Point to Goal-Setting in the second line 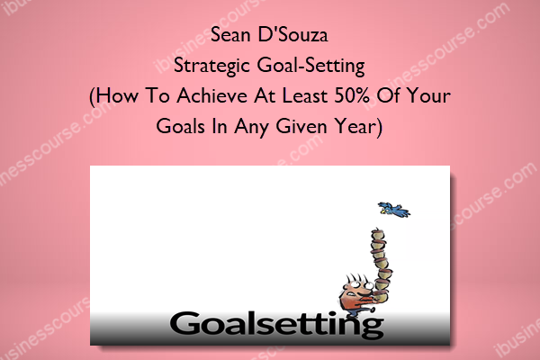(311, 66)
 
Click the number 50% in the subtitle (352, 95)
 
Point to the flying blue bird (394, 209)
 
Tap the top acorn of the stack (378, 234)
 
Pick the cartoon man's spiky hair (355, 278)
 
